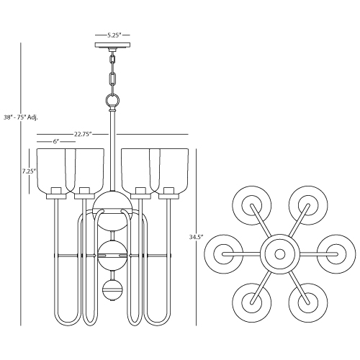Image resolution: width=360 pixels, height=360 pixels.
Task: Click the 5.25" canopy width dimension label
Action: coord(113,35)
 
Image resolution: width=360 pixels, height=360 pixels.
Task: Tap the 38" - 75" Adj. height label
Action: coord(21,117)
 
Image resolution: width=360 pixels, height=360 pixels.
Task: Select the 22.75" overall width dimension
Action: coord(83,134)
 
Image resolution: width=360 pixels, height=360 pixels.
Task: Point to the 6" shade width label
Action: coord(56,142)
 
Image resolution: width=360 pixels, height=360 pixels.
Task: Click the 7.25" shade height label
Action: coord(29,171)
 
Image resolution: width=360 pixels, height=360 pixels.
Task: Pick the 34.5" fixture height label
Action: coord(196,237)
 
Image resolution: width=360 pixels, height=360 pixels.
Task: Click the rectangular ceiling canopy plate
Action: coord(112,45)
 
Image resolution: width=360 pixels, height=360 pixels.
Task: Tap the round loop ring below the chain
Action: coord(112,100)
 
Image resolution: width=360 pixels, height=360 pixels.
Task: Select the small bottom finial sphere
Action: coord(112,290)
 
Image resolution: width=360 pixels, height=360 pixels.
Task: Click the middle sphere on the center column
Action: coord(112,256)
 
